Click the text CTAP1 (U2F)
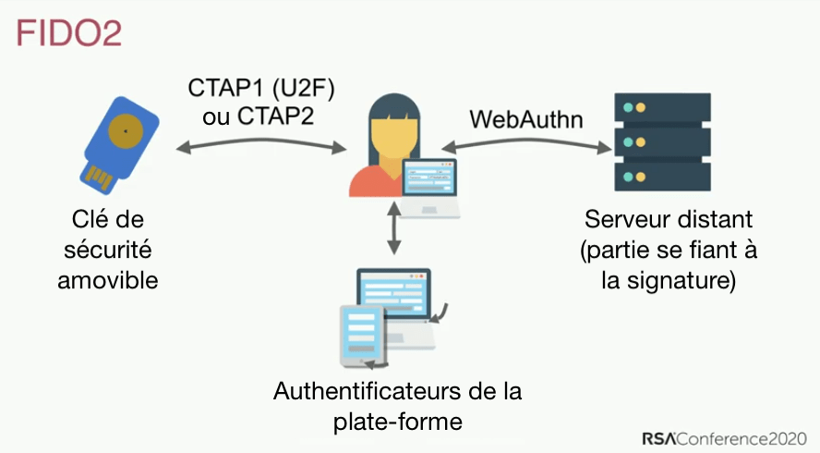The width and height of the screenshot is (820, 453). click(x=260, y=90)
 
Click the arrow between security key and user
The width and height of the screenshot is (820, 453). click(x=262, y=145)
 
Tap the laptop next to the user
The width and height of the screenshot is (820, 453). click(x=432, y=187)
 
